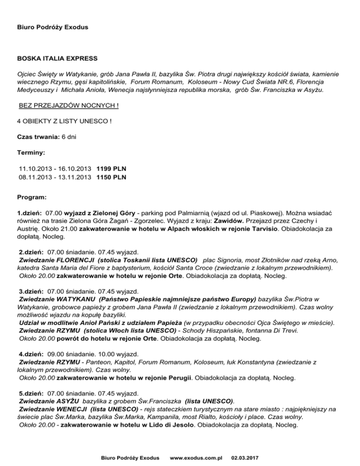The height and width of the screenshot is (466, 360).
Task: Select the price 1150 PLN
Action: click(112, 177)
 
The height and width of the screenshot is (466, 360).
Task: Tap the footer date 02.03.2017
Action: click(248, 456)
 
